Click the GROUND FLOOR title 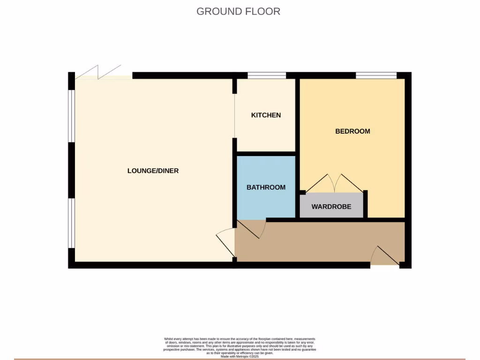pos(238,11)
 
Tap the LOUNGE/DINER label pos(153,171)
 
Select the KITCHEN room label pos(266,115)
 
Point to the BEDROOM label pos(352,131)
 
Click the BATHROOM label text pos(266,187)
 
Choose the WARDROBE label pos(331,206)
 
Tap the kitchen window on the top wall pos(266,75)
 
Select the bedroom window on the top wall pos(376,75)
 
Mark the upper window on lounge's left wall pos(72,115)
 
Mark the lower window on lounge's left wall pos(72,223)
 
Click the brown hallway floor pos(319,241)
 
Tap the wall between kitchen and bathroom pos(266,153)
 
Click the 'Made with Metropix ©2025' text pos(240,357)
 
